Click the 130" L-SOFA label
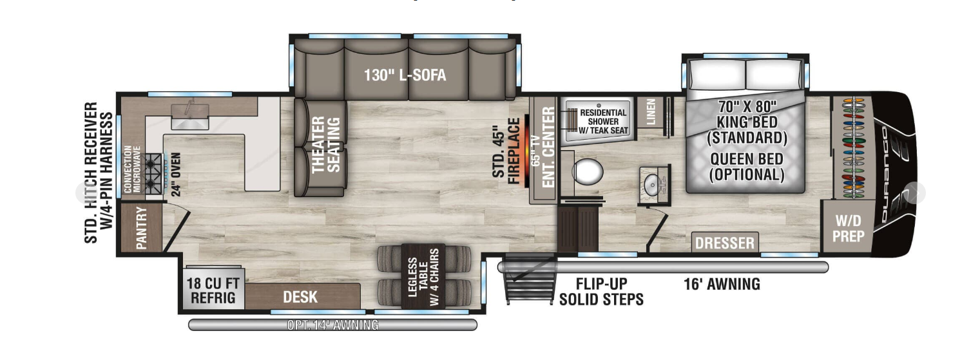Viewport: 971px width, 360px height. click(x=405, y=75)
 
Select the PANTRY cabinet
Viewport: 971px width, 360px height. click(x=140, y=228)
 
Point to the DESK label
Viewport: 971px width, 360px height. click(x=300, y=297)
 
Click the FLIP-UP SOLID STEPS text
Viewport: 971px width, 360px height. click(x=601, y=292)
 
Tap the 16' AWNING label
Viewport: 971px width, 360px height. click(x=722, y=283)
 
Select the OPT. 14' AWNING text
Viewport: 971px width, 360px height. click(x=332, y=325)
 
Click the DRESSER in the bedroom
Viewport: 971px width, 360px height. click(x=725, y=243)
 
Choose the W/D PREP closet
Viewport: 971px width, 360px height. click(x=847, y=228)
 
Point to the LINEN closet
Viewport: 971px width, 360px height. click(x=650, y=112)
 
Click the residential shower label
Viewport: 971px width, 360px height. click(x=603, y=120)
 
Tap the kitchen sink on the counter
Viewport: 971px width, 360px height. click(x=189, y=115)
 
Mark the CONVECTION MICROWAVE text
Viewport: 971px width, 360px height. click(x=132, y=169)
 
